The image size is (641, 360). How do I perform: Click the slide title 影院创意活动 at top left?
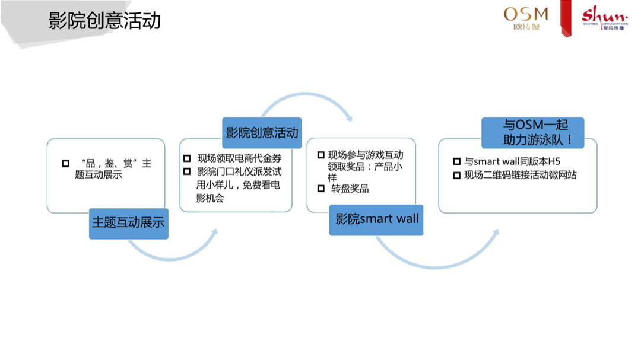tap(104, 21)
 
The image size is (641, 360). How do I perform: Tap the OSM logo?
tap(526, 18)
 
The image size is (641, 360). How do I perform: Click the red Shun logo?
tap(603, 17)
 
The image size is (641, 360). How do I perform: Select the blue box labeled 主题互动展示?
tap(128, 224)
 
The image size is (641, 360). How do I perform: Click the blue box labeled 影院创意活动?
tap(262, 132)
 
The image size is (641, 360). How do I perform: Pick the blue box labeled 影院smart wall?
tap(376, 219)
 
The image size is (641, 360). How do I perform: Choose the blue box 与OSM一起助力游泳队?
tap(532, 133)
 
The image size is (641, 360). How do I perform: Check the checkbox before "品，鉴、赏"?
tap(65, 163)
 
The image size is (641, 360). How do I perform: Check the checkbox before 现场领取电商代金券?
tap(187, 158)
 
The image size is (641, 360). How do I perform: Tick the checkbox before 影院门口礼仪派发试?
tap(187, 171)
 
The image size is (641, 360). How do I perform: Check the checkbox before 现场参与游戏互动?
tap(320, 155)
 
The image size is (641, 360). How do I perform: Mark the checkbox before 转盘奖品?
tap(320, 189)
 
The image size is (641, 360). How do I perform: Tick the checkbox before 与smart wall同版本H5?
tap(456, 161)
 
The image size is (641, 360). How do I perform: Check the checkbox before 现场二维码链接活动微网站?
tap(456, 175)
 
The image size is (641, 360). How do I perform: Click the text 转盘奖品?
tap(350, 189)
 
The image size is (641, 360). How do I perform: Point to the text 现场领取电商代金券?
tap(239, 158)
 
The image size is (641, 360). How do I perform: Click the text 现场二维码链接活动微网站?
tap(521, 175)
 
